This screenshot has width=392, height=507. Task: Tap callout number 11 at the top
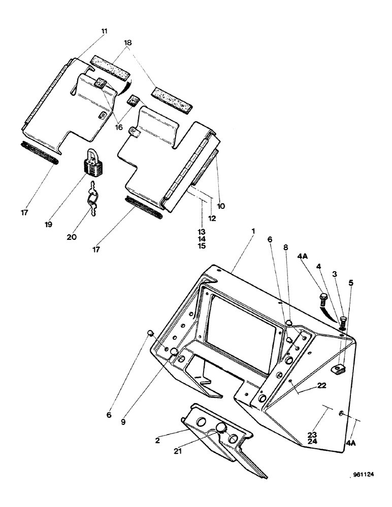pos(105,31)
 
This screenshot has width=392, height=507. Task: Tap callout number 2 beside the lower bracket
pos(158,441)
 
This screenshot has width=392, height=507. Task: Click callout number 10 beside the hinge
pos(221,206)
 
